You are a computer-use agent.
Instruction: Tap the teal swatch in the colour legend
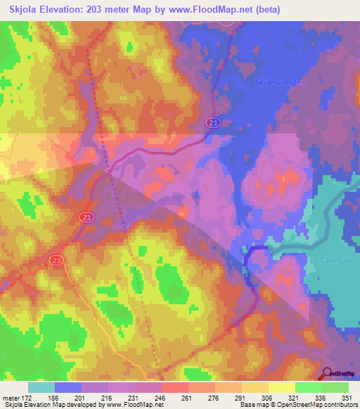[41, 387]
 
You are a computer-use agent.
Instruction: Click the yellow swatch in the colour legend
[281, 387]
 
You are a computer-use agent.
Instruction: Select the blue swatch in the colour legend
[67, 387]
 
